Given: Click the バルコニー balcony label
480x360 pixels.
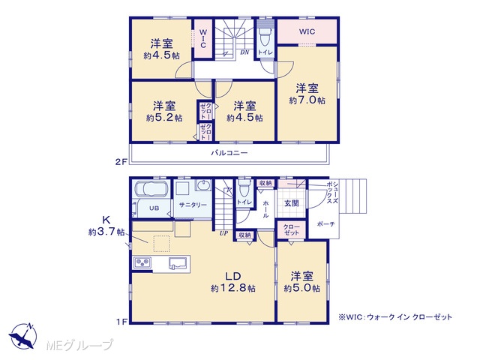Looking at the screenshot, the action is coord(229,153).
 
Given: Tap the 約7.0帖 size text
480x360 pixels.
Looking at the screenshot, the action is coord(307,100).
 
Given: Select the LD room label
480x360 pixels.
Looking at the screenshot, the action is coord(233,276).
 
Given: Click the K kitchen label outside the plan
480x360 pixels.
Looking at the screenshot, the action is coord(106,220).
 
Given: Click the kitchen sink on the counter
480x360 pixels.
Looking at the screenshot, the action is coord(178,264).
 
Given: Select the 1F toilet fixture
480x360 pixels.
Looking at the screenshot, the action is coord(244,189).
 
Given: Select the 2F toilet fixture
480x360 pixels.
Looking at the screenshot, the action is coord(265,37).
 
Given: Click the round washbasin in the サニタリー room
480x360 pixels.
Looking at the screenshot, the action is coord(203,185).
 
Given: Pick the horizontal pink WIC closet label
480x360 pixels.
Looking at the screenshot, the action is coord(307,31).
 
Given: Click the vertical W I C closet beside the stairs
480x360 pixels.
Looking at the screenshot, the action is coord(203,38).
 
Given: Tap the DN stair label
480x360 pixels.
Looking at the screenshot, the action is coord(244,52).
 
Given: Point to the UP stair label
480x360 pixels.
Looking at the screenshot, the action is coord(223,233).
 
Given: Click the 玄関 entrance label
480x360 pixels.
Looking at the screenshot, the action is coord(292,203).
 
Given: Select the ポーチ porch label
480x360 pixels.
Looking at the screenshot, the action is coord(325,224).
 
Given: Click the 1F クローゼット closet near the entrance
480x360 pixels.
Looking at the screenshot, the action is coord(292,229).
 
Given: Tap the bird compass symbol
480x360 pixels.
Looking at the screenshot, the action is coord(23,336).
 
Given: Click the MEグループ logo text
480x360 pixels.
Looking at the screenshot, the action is coord(80,346).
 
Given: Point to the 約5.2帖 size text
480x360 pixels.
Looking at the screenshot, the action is coord(164,118).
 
